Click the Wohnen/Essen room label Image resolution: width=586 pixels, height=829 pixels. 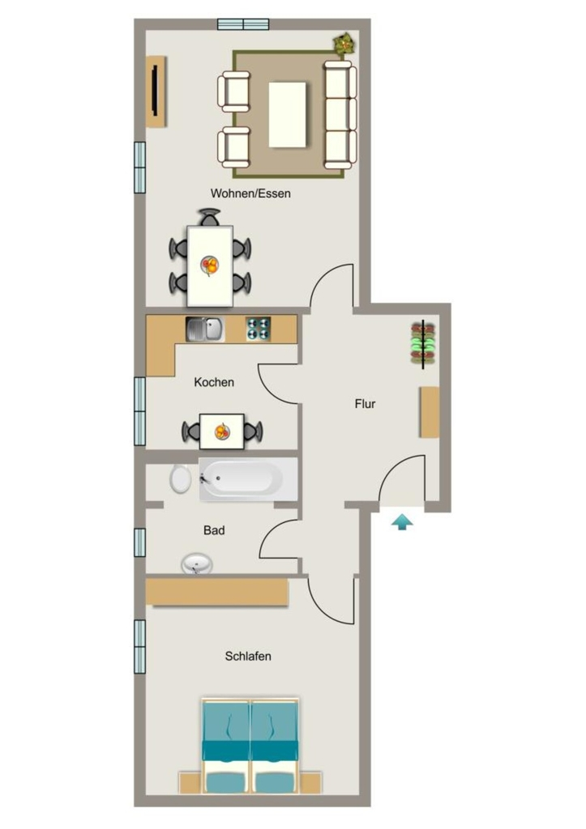(250, 193)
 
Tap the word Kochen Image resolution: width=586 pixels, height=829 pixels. (214, 382)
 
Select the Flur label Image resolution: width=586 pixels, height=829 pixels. (365, 404)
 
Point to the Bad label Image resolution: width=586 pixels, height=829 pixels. (214, 530)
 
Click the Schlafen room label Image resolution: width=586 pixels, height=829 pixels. (248, 656)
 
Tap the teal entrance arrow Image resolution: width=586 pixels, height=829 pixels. (402, 522)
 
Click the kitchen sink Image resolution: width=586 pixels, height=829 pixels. (205, 329)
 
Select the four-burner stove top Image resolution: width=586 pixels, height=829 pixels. (259, 329)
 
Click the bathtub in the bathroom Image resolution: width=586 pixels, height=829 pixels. (248, 479)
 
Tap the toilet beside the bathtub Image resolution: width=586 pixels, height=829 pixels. (181, 479)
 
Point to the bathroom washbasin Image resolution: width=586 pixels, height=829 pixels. (197, 563)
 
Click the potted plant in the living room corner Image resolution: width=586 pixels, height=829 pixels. (344, 43)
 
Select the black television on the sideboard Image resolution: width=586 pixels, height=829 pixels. (155, 90)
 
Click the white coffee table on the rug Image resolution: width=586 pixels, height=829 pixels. (288, 114)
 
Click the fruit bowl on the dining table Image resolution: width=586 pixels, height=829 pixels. (210, 265)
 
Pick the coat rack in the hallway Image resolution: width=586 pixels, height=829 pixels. (423, 343)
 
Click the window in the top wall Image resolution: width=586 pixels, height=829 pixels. (243, 24)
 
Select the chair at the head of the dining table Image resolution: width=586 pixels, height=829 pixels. (210, 217)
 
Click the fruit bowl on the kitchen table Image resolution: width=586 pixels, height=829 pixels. (222, 432)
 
